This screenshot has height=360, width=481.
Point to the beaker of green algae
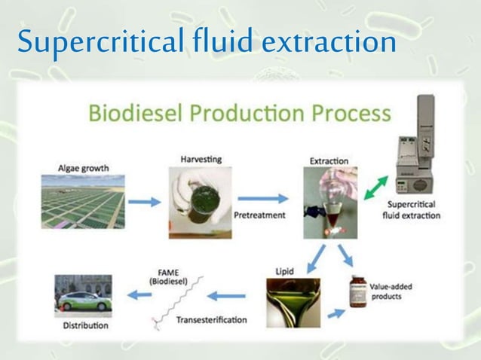[201, 197]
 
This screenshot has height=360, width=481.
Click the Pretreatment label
[259, 215]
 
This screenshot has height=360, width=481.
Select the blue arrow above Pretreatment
[268, 198]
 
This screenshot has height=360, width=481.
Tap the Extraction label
[329, 160]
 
